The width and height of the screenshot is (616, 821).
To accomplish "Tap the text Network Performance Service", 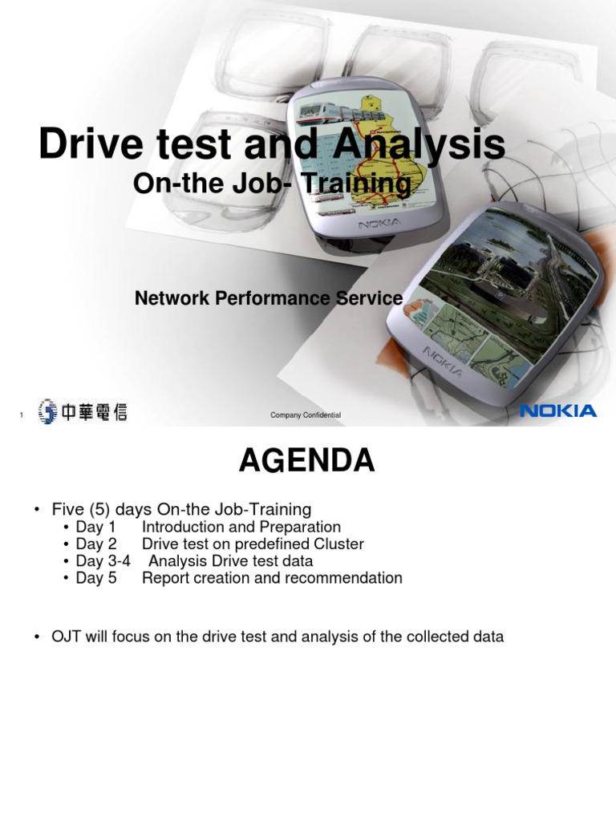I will pos(269,299).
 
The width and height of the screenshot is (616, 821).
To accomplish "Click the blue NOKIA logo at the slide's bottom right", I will pos(558,411).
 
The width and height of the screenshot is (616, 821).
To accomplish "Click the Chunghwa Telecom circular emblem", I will pos(47,412).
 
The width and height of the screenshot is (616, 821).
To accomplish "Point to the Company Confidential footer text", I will pos(306,415).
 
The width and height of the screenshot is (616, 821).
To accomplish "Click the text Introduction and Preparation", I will pos(241,528).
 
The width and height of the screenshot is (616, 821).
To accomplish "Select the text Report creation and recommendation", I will pos(272,578).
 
